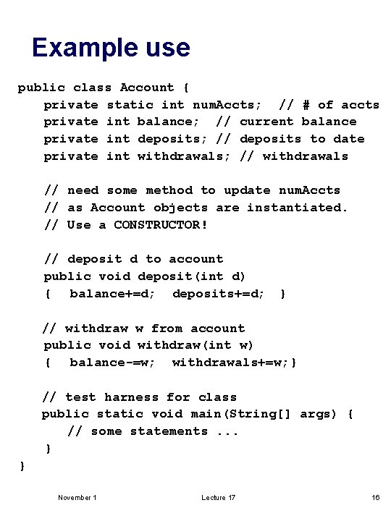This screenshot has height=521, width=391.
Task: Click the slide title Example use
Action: [x=111, y=48]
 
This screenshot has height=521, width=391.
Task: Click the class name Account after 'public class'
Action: [x=147, y=88]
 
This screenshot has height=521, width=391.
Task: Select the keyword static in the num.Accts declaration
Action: [x=130, y=105]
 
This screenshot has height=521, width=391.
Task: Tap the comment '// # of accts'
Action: [x=329, y=105]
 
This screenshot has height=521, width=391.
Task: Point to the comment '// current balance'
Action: [x=286, y=122]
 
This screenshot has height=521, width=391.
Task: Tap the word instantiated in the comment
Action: [x=297, y=208]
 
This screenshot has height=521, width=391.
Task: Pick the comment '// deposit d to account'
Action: [x=134, y=259]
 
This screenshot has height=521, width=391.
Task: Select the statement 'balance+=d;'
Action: [x=112, y=294]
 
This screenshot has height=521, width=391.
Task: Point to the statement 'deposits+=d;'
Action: [x=219, y=294]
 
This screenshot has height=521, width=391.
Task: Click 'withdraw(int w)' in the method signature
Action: [x=195, y=345]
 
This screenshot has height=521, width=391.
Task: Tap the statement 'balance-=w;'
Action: [x=112, y=363]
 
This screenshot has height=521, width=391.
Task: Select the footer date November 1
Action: [x=77, y=497]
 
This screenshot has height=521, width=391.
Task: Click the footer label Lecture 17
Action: [x=219, y=497]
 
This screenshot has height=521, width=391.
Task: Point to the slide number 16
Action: [x=375, y=497]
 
